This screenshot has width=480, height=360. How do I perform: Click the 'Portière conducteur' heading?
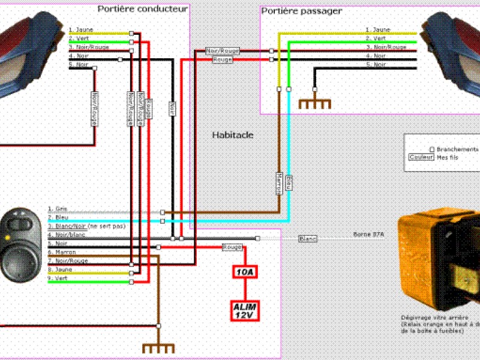pos(143,8)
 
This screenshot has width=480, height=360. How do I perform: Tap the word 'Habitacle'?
pos(233,135)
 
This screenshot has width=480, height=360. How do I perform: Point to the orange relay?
pos(438,258)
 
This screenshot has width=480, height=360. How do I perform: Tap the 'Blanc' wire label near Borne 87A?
pos(308,239)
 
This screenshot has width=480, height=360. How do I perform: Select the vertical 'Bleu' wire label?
pos(289,182)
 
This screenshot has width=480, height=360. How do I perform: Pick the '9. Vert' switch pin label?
pos(58,278)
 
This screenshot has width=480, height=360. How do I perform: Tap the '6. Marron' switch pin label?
pos(61,253)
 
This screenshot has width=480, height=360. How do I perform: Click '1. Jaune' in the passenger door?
pos(380,29)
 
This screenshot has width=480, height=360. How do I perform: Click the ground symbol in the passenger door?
pos(315,103)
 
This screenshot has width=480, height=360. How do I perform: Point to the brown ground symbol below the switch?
pos(158,347)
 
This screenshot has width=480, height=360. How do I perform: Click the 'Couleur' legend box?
pos(420,157)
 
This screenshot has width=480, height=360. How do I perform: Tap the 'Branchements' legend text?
pos(457,149)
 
